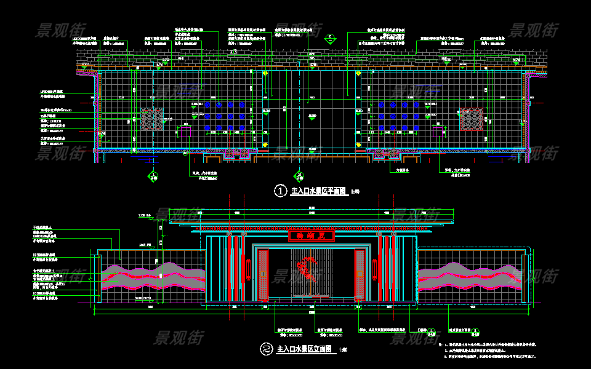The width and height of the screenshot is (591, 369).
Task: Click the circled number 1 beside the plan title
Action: (x=280, y=191)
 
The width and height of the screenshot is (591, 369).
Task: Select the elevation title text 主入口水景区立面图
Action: (x=305, y=349)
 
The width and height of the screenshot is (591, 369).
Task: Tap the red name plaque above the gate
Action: (x=311, y=236)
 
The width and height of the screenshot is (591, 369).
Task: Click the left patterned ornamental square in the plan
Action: (x=152, y=119)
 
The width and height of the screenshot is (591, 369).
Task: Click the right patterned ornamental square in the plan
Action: (x=472, y=119)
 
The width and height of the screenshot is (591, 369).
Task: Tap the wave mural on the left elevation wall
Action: (x=152, y=277)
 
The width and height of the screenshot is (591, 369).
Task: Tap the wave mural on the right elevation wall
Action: (x=471, y=277)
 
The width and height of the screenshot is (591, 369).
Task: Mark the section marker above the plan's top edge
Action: (x=330, y=38)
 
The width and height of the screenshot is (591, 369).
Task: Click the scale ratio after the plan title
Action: (x=355, y=192)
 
